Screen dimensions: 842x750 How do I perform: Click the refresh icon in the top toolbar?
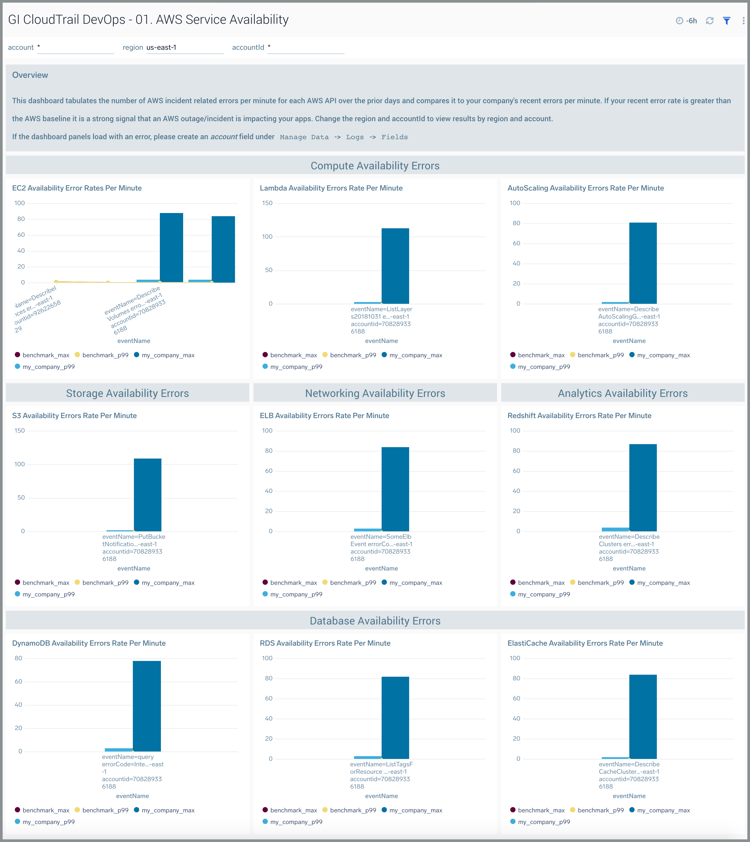[x=709, y=21]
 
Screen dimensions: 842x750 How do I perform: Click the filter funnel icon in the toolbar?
[x=726, y=21]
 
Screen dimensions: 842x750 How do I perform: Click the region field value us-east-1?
[x=161, y=47]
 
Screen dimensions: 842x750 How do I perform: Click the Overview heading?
[x=30, y=75]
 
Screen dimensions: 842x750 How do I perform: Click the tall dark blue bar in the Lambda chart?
[x=395, y=266]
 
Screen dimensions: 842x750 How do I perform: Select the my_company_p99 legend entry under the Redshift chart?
[x=544, y=594]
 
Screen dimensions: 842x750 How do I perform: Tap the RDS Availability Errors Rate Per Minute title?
[x=325, y=643]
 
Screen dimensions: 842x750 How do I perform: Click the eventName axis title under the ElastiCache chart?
[x=629, y=796]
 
